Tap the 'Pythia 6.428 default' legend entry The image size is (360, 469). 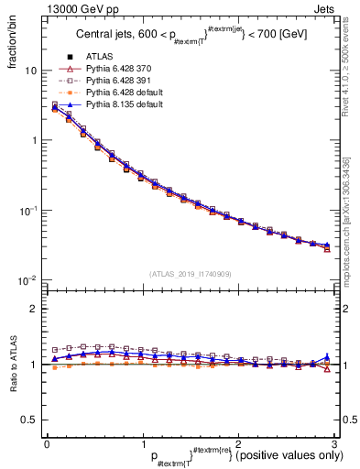[129, 93]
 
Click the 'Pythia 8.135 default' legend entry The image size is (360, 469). [129, 104]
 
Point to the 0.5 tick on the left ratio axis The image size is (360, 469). [30, 420]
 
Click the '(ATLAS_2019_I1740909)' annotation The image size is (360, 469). [190, 274]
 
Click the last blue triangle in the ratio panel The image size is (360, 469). [327, 356]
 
